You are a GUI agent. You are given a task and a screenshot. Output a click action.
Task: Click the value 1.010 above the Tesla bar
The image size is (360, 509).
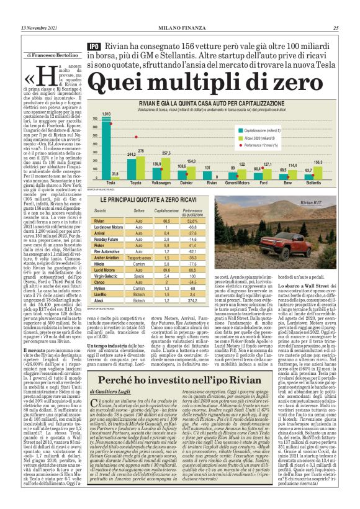(106, 114)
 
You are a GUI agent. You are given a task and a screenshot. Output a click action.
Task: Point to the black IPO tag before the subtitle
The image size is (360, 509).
(94, 46)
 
